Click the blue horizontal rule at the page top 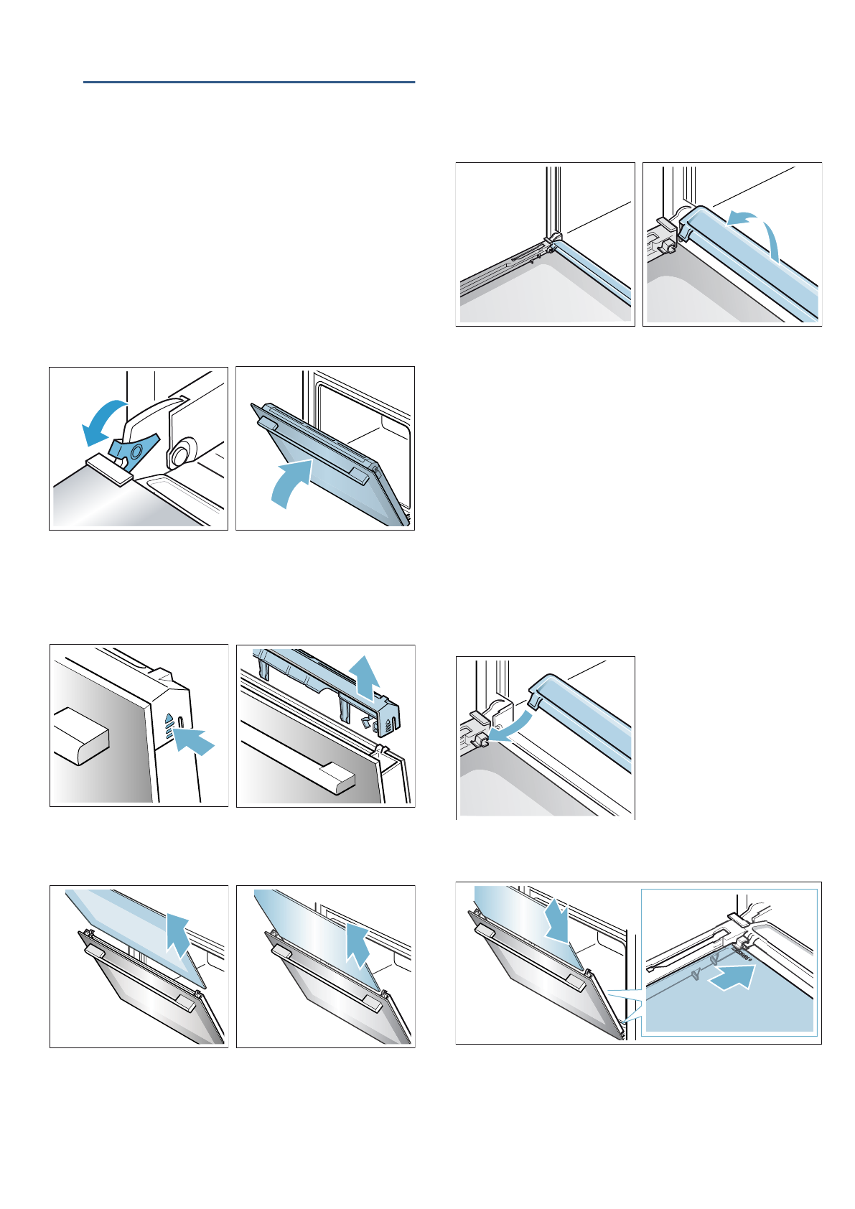tap(248, 83)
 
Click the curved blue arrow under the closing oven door tap(291, 482)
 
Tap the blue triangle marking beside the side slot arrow tap(169, 717)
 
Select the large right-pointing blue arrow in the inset tap(732, 977)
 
